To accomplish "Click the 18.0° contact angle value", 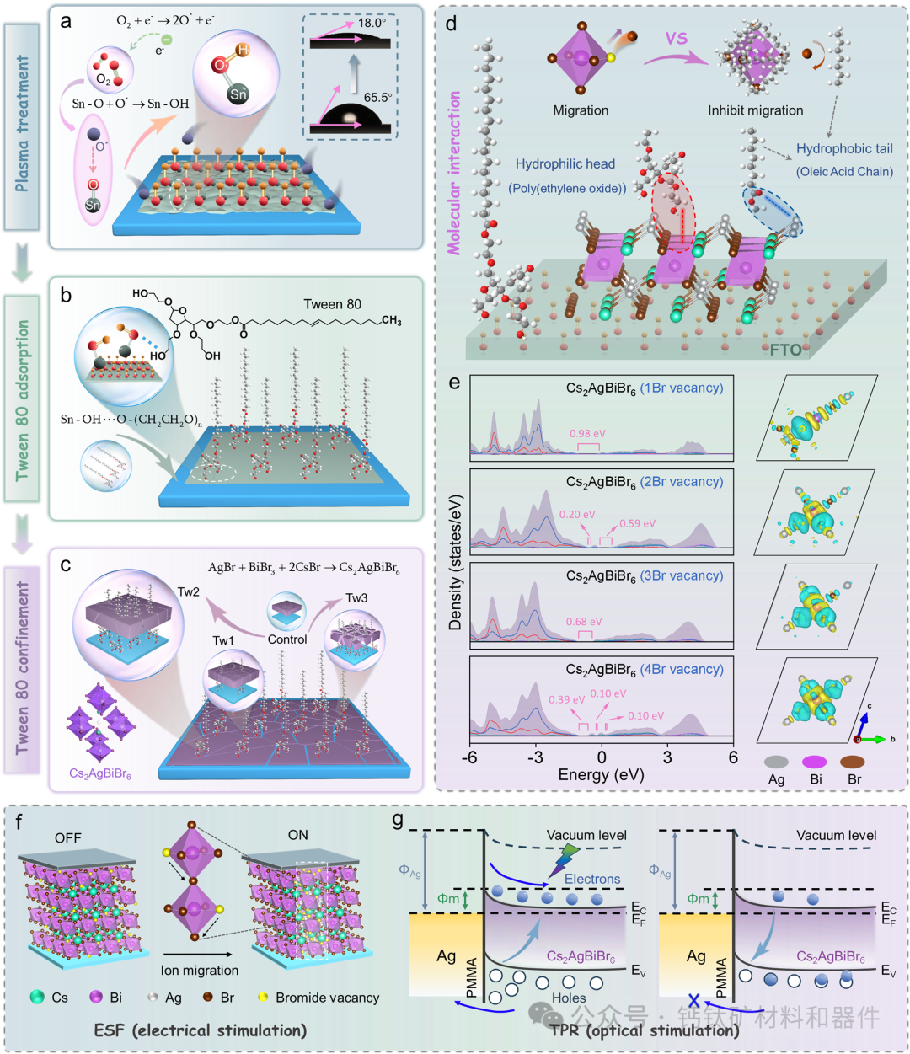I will click(x=372, y=23).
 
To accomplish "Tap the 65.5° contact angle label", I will click(x=377, y=97).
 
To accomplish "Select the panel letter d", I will click(x=452, y=24).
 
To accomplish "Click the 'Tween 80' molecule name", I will click(x=333, y=304).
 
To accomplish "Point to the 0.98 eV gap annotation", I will click(x=587, y=433).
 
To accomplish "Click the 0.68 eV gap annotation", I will click(x=585, y=622).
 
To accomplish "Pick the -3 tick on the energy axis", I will click(x=535, y=757).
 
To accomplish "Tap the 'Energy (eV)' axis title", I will click(x=601, y=774).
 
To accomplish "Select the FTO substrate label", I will click(x=785, y=349).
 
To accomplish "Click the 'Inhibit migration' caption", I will click(x=755, y=110).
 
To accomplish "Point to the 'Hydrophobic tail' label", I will click(x=844, y=149).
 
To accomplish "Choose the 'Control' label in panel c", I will click(x=287, y=639).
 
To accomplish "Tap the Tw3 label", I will click(x=356, y=598).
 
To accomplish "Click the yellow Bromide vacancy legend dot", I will click(x=263, y=997).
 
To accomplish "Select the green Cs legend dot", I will click(x=36, y=997).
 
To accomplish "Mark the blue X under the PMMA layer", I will click(x=694, y=1001).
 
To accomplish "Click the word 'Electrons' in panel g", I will click(x=592, y=879).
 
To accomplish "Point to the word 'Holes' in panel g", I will click(x=569, y=998).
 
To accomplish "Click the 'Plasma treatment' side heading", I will click(x=23, y=123).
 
